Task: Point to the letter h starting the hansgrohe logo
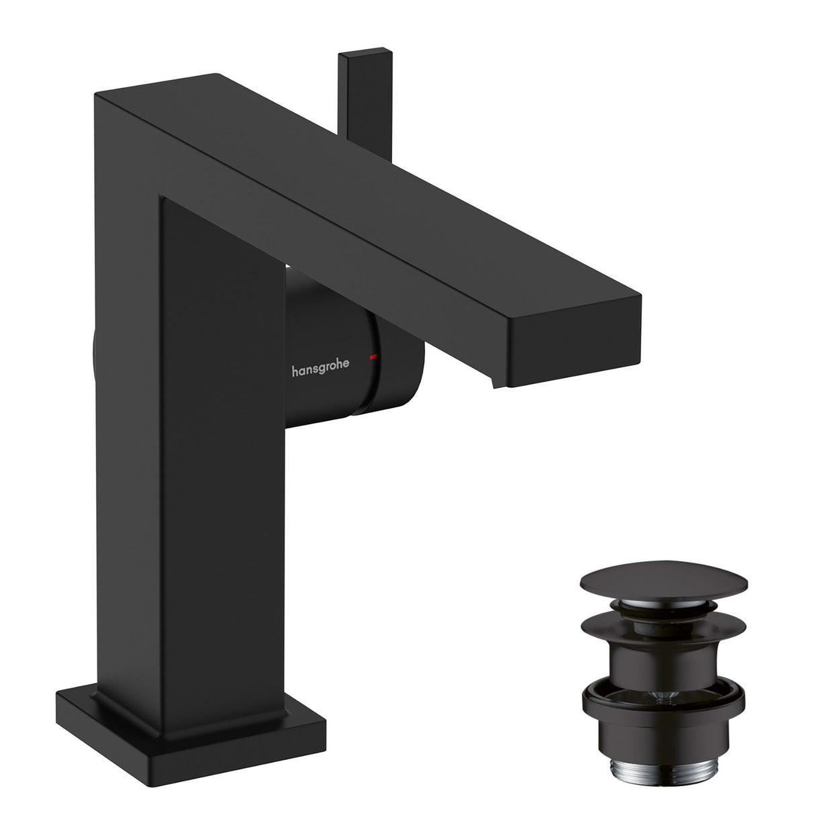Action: tap(294, 369)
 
